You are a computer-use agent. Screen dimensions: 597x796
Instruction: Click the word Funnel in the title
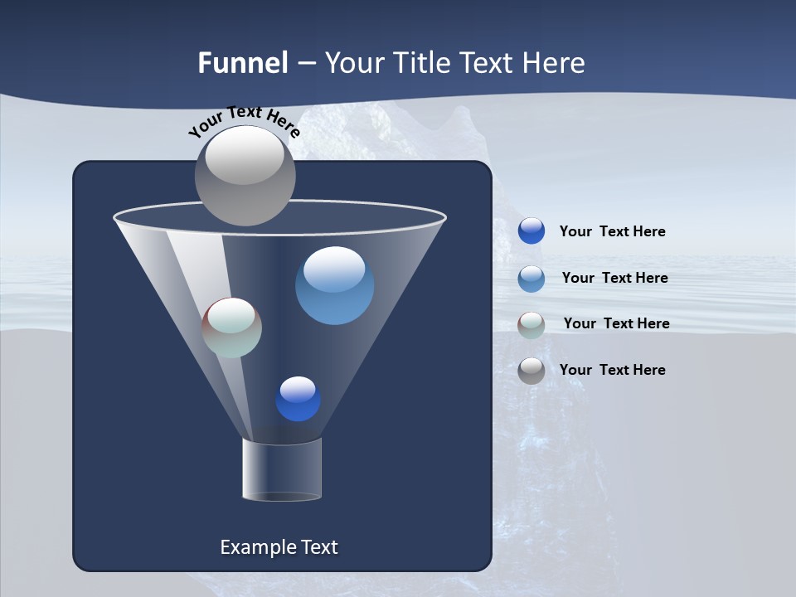(x=242, y=63)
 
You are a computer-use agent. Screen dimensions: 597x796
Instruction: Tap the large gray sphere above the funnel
(x=245, y=176)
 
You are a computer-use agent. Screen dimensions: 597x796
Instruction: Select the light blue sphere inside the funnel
(x=334, y=286)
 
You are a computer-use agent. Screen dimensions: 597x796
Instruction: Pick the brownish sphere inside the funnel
(x=232, y=328)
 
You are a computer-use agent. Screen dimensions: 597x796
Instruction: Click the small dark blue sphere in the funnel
(x=298, y=399)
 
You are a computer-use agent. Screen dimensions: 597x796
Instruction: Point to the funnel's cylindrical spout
(x=282, y=469)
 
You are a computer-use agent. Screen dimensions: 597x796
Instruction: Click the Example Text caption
(x=279, y=547)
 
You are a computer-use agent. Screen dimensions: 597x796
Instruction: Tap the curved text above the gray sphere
(x=244, y=121)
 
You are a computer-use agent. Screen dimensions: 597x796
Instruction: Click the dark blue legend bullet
(x=531, y=231)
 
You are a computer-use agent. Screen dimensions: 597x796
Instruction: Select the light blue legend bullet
(x=531, y=279)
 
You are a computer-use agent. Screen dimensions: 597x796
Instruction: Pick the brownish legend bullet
(x=531, y=325)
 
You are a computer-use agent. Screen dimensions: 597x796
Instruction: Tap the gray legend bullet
(x=531, y=371)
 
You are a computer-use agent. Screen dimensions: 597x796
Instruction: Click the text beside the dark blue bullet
(x=612, y=231)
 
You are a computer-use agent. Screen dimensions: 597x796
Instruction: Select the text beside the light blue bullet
(x=614, y=278)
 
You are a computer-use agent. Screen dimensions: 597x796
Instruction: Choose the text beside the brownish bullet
(x=616, y=323)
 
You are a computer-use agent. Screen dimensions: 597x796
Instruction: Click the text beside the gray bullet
(x=612, y=370)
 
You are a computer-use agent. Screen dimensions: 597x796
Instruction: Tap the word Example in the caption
(x=255, y=547)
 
